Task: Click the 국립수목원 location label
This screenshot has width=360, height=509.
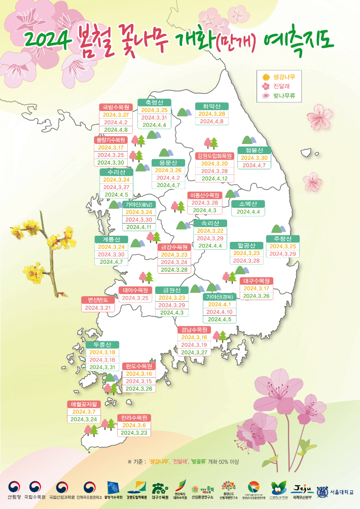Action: point(116,107)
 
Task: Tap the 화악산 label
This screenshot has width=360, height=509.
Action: point(211,106)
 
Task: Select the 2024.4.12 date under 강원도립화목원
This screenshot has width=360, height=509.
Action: point(214,178)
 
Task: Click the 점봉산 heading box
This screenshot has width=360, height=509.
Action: point(255,151)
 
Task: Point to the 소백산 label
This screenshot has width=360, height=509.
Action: point(248,204)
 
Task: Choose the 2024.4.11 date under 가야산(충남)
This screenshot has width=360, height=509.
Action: point(139,227)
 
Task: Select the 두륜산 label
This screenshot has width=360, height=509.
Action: point(102,345)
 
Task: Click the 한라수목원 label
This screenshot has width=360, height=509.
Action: point(134,418)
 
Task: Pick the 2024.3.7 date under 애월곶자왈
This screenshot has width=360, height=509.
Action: point(84,412)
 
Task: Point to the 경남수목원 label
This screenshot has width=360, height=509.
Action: point(194,330)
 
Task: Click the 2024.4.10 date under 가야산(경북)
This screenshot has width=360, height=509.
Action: point(219,312)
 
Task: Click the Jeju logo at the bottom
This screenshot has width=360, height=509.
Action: point(302,488)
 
